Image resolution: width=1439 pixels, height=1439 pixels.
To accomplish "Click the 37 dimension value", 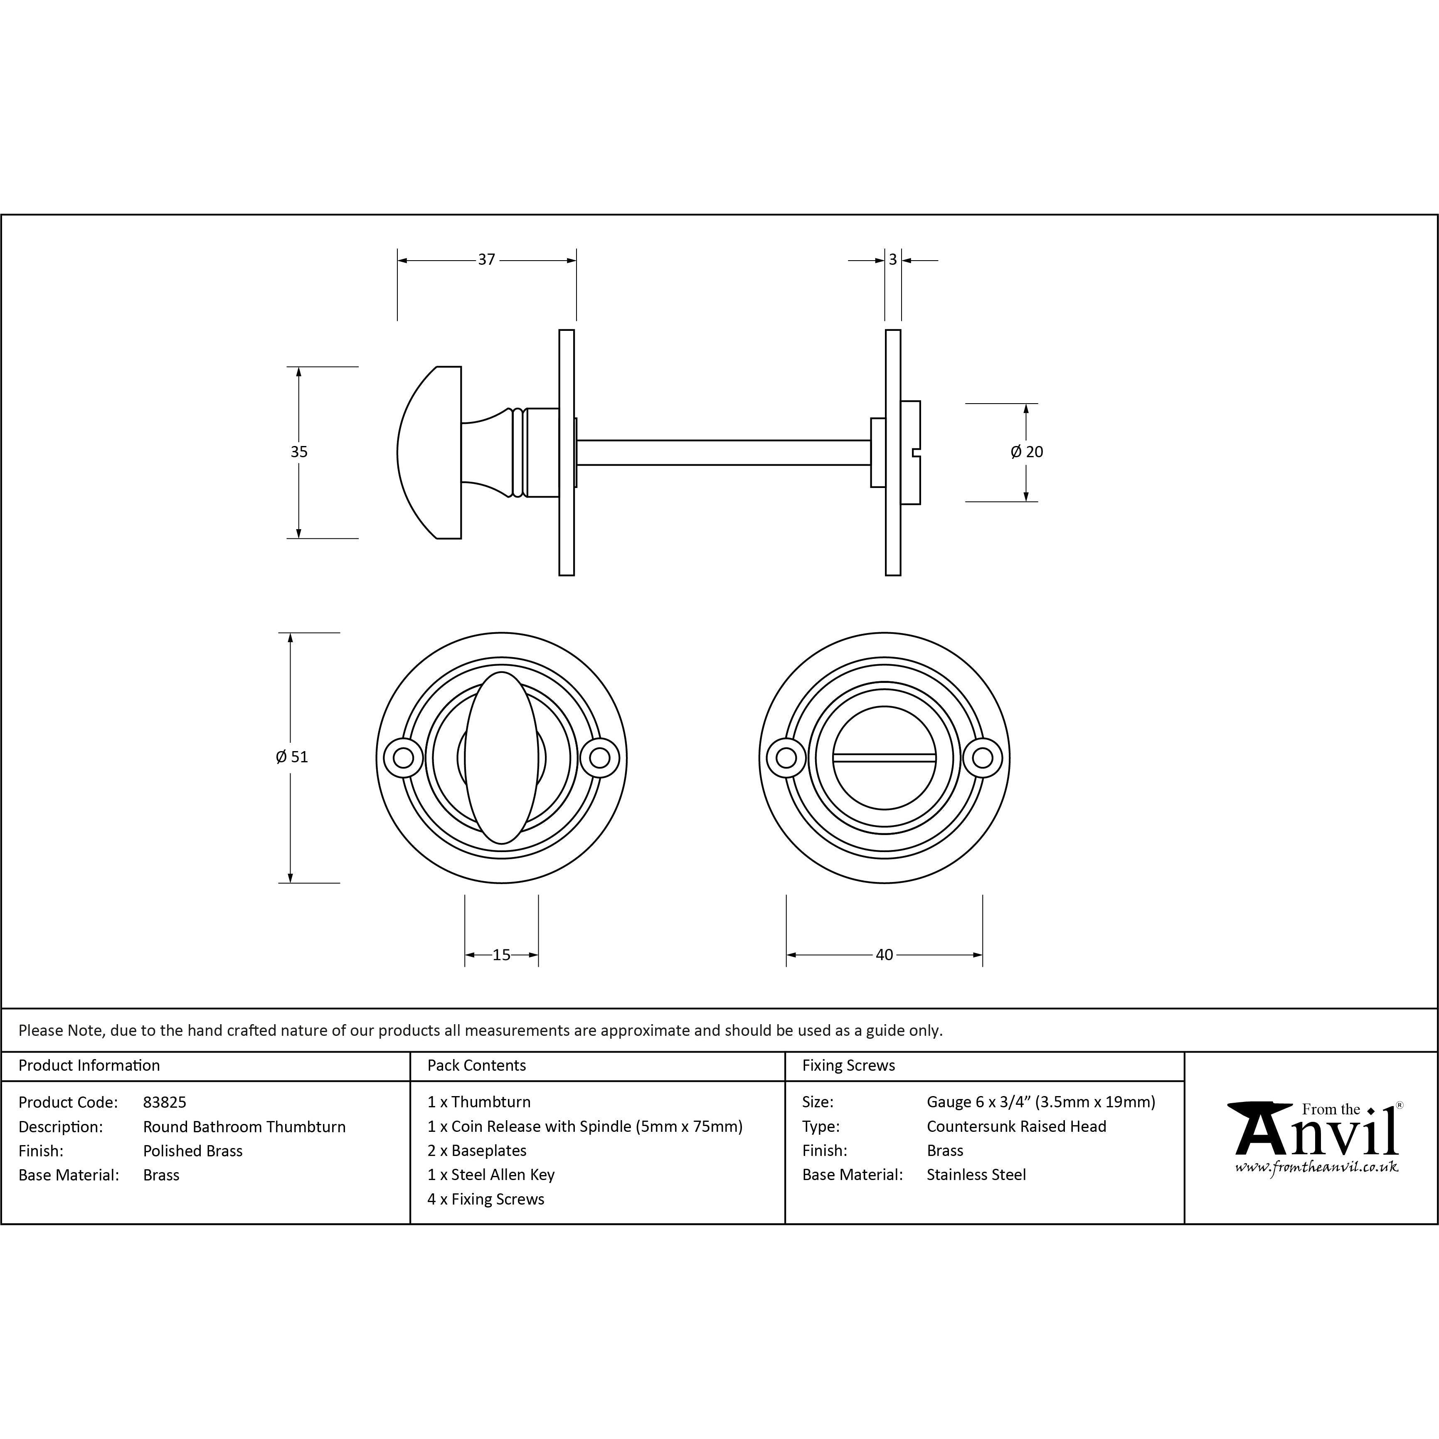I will coord(486,260).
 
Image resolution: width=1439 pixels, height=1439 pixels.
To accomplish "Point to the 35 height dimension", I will coord(299,452).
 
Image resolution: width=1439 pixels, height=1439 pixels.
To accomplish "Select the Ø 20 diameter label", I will coord(1026,452).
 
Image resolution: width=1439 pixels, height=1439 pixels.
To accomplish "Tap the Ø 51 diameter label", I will coord(291,757).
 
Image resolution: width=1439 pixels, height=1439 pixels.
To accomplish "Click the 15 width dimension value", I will coord(501,955).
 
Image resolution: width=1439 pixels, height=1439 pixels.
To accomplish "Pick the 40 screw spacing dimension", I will coord(884,955).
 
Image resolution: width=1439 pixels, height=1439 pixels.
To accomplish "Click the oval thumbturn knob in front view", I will coord(501,757).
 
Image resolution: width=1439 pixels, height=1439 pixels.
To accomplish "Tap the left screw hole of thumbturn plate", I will coord(403,758).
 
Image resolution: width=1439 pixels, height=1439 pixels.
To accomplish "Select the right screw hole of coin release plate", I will coord(983,758).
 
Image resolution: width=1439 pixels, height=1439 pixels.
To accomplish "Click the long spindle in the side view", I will coord(722,452).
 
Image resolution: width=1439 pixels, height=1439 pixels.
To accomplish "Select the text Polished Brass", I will coord(193,1151).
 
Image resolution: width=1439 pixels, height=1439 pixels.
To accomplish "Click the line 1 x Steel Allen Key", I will coord(491,1175).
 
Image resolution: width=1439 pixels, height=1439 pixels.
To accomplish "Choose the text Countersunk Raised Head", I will coord(1016,1126).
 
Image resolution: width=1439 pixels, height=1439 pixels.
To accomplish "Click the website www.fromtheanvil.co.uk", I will coord(1316,1167).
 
